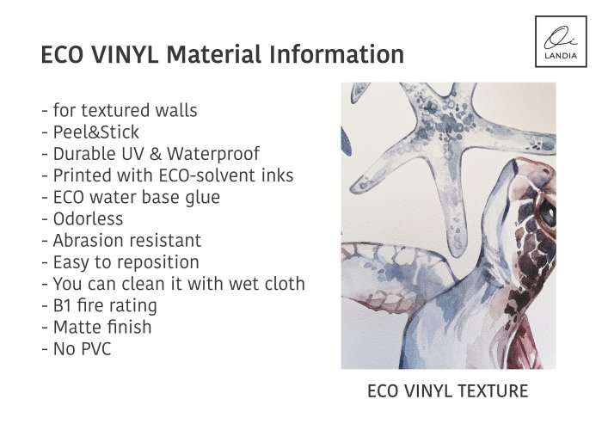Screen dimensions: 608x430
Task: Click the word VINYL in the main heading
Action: coord(125,54)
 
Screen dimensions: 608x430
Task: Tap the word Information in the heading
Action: coord(336,54)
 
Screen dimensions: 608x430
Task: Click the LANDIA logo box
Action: coord(561,41)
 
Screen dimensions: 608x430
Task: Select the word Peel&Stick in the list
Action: coord(95,132)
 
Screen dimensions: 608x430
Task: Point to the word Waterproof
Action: coord(213,154)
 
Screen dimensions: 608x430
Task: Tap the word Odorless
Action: coord(88,219)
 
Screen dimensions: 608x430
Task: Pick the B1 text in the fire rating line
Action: coord(61,305)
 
